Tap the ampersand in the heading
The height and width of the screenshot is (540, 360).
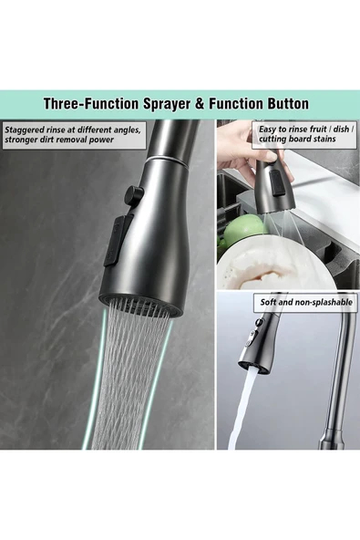click(200, 104)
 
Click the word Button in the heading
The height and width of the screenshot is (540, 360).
click(287, 103)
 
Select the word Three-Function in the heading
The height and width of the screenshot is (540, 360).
click(91, 104)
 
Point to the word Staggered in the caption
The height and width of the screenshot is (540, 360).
click(23, 130)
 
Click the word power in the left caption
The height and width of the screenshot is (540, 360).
click(102, 140)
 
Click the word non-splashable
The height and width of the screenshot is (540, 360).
click(324, 302)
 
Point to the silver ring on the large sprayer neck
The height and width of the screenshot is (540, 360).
click(168, 161)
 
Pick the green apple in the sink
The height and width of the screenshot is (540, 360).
click(245, 229)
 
